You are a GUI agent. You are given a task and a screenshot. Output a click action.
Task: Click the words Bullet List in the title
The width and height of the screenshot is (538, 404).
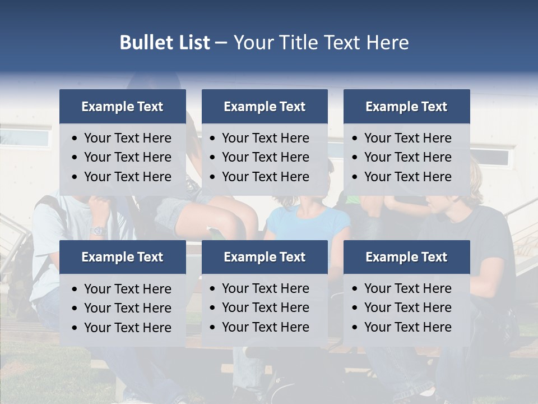165,43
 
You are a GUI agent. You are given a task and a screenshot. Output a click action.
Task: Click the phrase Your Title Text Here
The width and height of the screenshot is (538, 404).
321,43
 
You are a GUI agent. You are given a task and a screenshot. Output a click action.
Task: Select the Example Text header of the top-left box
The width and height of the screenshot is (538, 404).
122,107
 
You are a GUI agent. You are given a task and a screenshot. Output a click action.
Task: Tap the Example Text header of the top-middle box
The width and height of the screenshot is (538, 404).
265,107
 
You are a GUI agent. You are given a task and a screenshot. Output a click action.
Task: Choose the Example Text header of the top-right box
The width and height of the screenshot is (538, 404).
406,107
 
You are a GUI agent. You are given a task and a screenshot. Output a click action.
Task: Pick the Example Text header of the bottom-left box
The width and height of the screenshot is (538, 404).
122,257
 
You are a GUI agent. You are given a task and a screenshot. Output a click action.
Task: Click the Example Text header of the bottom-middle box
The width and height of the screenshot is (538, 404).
265,257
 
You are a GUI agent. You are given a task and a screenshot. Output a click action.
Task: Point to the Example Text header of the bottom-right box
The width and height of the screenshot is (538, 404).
406,257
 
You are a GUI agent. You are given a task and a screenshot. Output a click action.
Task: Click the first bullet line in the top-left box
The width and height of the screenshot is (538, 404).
127,138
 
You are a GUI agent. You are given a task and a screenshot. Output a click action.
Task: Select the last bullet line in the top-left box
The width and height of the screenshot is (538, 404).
127,177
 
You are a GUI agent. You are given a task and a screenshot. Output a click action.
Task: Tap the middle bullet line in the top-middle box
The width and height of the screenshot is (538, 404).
265,157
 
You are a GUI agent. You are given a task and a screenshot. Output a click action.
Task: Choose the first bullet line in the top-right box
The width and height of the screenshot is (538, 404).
407,138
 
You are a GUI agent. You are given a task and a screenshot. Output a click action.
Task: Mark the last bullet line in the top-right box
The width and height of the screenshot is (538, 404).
407,177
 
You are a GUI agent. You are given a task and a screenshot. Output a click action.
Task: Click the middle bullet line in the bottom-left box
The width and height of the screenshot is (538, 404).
127,308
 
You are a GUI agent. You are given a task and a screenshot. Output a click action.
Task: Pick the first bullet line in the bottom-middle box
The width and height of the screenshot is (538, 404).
265,288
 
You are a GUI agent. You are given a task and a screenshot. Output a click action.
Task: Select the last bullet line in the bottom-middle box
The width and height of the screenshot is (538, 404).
265,327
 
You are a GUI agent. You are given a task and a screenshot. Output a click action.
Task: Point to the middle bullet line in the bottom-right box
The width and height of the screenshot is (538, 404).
407,307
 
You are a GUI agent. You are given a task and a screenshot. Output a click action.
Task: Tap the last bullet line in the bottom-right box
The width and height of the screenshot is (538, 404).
407,327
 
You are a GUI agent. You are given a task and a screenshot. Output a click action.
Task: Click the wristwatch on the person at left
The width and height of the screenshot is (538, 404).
99,231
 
